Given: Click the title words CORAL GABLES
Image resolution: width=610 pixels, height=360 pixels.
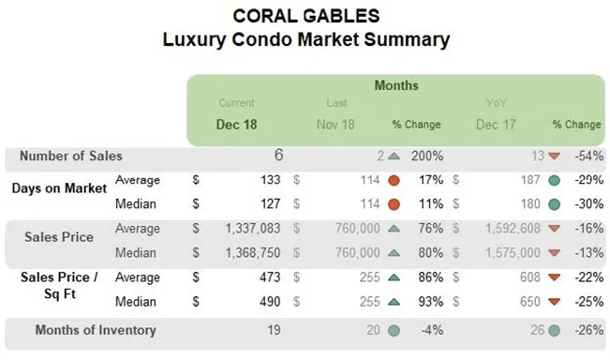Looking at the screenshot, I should click(304, 16).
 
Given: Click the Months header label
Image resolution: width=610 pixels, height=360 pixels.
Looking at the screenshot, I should click(396, 85).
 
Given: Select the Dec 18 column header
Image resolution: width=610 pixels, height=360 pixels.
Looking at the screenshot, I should click(236, 124).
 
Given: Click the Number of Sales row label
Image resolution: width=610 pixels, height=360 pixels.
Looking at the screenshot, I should click(70, 157).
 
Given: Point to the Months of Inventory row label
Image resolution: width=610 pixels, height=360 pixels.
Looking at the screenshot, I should click(95, 330).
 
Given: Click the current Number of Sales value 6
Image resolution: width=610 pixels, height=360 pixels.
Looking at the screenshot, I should click(278, 156).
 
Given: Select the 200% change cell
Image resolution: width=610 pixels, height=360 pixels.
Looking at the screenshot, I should click(426, 157).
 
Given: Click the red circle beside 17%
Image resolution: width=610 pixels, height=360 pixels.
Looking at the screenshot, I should click(394, 179).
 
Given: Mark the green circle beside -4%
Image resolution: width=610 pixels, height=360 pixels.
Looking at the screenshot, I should click(394, 330).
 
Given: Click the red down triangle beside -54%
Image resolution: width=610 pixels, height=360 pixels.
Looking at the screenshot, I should click(555, 157).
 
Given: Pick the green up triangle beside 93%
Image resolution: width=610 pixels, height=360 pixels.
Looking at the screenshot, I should click(394, 302).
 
